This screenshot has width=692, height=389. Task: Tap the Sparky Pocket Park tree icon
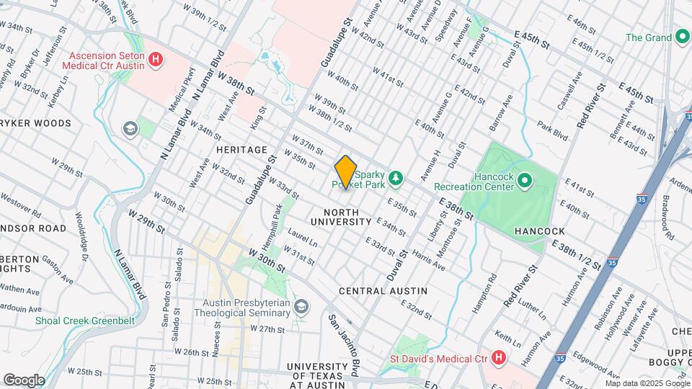(395, 177)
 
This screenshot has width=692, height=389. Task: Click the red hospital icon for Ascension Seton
(154, 60)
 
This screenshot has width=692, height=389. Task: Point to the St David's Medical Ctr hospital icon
(498, 358)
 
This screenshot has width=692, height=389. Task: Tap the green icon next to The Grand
(681, 37)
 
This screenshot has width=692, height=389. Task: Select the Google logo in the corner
(24, 380)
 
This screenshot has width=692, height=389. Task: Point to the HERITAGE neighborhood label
(241, 149)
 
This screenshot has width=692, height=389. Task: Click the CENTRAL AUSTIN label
(383, 291)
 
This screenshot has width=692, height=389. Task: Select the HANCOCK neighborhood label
(539, 231)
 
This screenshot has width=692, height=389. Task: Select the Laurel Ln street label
(302, 238)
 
